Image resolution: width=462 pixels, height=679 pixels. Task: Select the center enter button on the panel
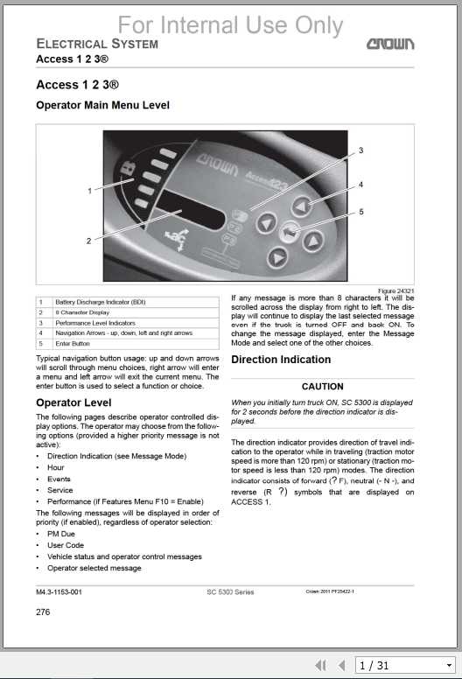tap(289, 232)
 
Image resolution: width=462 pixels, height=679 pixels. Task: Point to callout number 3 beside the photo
tap(360, 151)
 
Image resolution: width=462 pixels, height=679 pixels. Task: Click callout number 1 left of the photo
tap(89, 190)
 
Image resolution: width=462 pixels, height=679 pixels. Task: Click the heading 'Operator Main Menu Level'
tap(102, 106)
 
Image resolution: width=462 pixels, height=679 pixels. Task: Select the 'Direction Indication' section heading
tap(281, 360)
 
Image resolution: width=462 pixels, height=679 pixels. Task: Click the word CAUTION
tap(322, 386)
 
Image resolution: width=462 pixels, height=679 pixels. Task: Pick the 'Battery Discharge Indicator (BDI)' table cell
tap(100, 302)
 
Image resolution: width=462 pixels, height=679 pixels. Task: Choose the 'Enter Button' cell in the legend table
tap(73, 344)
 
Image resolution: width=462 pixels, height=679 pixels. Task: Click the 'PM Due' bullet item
tap(60, 533)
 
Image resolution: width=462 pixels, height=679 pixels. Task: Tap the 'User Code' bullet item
tap(65, 544)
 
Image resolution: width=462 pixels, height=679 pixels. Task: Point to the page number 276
tap(43, 612)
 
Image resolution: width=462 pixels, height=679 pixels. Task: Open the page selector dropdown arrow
tap(448, 665)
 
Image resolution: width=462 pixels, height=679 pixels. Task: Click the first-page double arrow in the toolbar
tap(321, 665)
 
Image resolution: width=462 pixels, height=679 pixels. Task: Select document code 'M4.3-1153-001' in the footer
tap(59, 592)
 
